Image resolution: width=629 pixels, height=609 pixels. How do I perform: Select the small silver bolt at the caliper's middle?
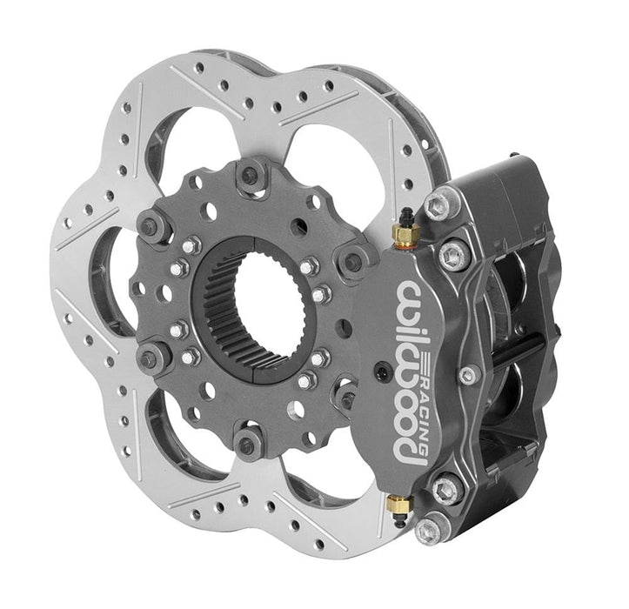pyautogui.click(x=470, y=376)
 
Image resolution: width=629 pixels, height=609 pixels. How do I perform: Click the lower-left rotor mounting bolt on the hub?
pyautogui.click(x=153, y=356)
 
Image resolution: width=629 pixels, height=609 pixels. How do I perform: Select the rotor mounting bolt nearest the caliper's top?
pyautogui.click(x=352, y=261)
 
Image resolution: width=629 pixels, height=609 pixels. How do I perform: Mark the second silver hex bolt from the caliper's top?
pyautogui.click(x=454, y=255)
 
